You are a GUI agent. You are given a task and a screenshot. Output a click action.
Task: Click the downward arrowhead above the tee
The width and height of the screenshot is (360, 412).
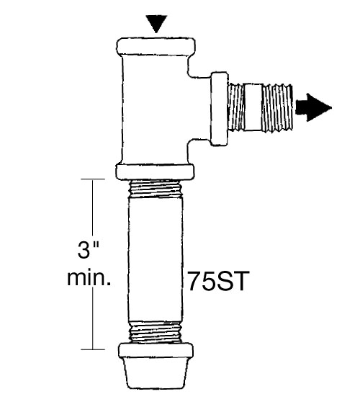coord(156,22)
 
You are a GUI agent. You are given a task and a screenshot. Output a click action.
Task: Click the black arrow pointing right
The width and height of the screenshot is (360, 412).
coord(313,108)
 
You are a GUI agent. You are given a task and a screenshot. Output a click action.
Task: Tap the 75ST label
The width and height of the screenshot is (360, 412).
coord(217,281)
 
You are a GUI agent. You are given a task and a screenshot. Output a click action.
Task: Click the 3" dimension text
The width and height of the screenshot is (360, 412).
coord(88,250)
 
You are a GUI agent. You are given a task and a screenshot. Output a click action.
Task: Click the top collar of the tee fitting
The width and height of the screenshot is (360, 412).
coord(156,47)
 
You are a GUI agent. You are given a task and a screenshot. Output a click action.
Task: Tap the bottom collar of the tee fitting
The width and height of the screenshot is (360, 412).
coord(155,172)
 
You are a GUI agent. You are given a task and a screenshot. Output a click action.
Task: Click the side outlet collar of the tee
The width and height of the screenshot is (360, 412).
coord(220,108)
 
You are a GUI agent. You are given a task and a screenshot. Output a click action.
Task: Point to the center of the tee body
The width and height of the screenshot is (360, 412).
coord(155,109)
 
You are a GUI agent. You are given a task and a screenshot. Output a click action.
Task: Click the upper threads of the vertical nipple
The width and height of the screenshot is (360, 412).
coord(156,189)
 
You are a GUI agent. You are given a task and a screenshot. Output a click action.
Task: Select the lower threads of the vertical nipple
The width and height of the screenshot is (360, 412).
coord(156,332)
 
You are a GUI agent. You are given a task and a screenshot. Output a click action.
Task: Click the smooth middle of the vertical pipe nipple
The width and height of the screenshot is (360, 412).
coord(156,260)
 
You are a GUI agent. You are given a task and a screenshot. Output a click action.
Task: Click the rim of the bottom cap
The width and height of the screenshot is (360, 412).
coord(156,350)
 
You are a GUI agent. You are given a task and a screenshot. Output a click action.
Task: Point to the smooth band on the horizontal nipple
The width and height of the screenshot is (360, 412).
coord(253,107)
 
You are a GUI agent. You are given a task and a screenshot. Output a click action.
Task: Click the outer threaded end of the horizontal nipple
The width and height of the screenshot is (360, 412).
coord(277,107)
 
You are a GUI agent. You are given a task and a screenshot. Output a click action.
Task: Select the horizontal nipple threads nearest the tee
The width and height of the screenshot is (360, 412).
coord(235,107)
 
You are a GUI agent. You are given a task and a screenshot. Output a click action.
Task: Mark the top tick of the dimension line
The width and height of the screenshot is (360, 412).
coord(93,179)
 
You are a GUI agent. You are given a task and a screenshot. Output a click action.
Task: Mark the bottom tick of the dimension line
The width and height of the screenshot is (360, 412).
coord(93,349)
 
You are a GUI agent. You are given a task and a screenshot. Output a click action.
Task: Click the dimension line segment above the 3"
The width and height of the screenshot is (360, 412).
coord(93,207)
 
